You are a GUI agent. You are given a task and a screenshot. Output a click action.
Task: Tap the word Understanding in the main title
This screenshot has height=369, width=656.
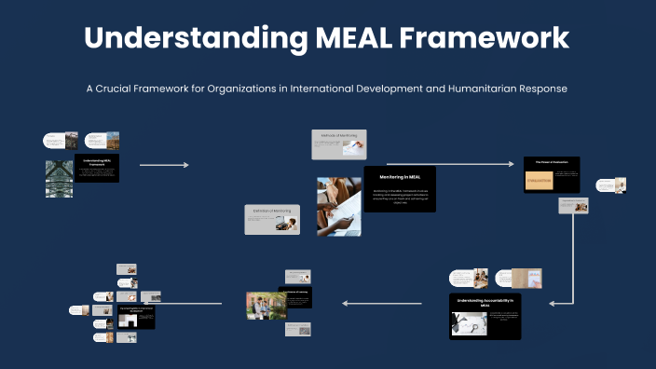pos(194,38)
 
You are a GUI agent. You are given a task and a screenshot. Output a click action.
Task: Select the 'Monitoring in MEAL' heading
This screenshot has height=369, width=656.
pos(400,176)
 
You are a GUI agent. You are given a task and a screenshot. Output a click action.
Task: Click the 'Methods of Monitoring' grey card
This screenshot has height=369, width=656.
pos(339,144)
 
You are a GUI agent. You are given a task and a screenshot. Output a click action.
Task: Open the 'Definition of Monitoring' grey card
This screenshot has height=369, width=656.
pos(272,219)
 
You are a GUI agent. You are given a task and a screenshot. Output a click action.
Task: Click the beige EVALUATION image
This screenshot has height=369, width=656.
pos(540,182)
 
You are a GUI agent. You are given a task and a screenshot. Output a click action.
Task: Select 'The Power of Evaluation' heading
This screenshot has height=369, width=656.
pos(552,162)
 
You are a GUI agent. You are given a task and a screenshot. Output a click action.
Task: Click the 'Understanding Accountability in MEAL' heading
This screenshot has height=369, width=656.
pos(485,302)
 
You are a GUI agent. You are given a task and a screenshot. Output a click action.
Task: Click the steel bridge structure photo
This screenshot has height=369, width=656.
pos(59,178)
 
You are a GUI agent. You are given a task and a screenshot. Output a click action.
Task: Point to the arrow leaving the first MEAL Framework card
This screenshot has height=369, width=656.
pos(164,165)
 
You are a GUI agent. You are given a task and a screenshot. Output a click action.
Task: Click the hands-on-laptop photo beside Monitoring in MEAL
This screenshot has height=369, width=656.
pos(339,206)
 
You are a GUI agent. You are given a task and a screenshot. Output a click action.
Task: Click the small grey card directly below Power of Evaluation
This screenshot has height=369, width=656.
pos(571,206)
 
